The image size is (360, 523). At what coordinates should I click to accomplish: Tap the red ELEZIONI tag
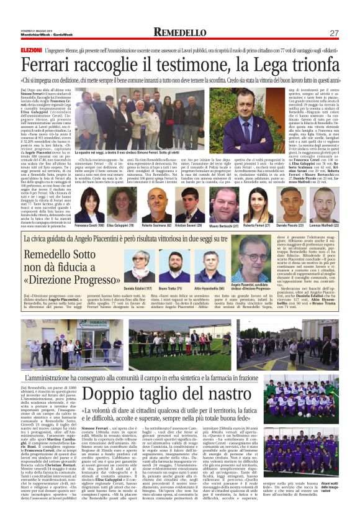pyautogui.click(x=31, y=48)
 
